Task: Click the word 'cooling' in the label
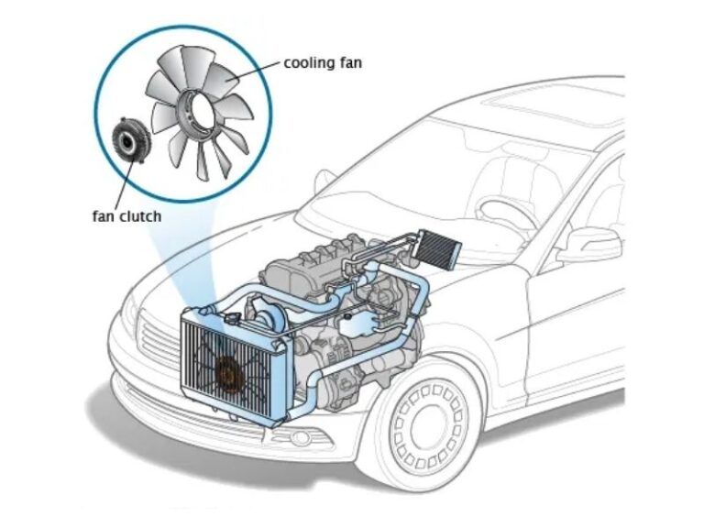pos(309,63)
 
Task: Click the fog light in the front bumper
pos(303,438)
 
